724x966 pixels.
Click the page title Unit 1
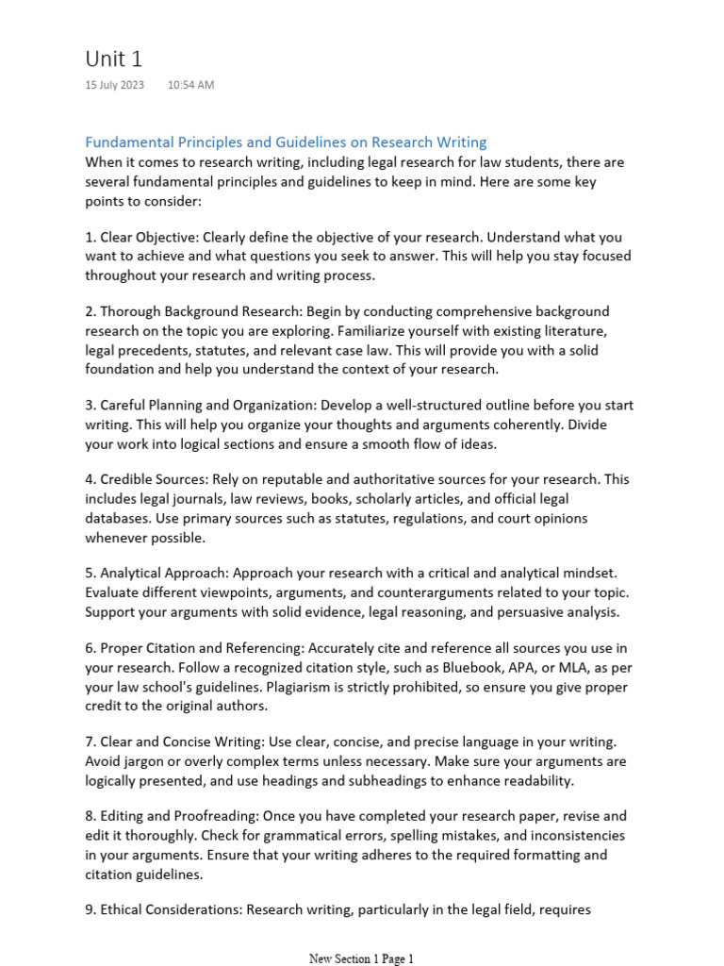[113, 58]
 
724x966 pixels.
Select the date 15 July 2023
[114, 85]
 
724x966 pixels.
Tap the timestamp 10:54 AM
[190, 85]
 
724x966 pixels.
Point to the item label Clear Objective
[148, 237]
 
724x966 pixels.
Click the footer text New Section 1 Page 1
[361, 958]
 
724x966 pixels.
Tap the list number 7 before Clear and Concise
[90, 741]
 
